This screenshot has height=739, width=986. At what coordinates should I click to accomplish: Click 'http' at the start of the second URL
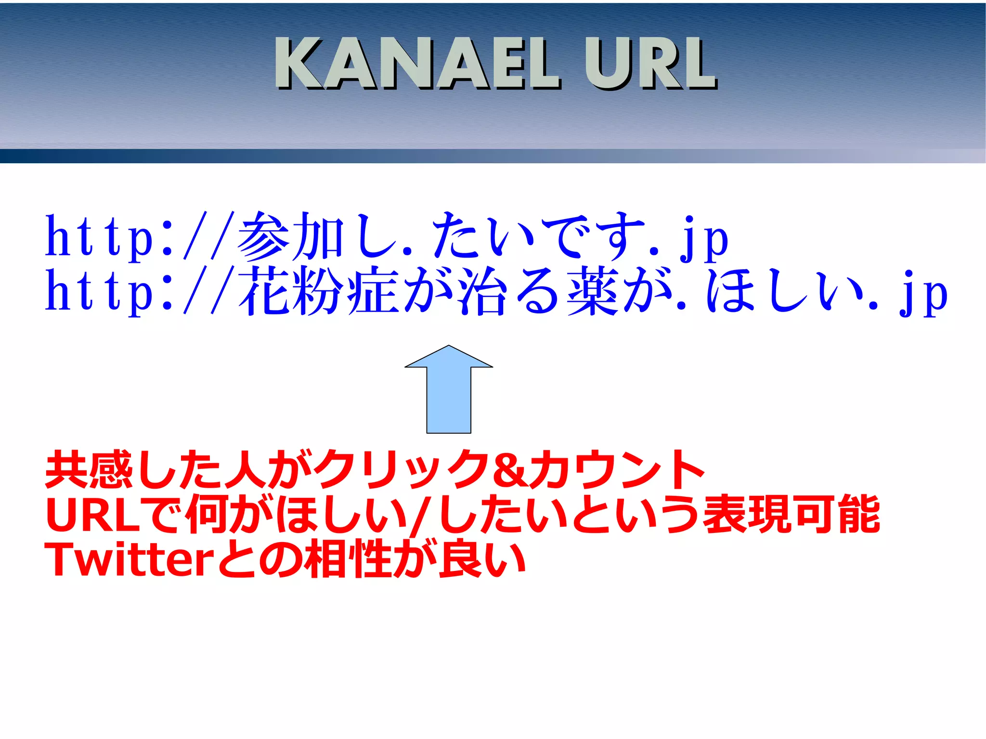pos(99,291)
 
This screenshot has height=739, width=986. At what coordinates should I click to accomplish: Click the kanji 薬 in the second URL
pos(593,291)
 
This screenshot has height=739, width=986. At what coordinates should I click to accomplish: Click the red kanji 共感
pos(89,469)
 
